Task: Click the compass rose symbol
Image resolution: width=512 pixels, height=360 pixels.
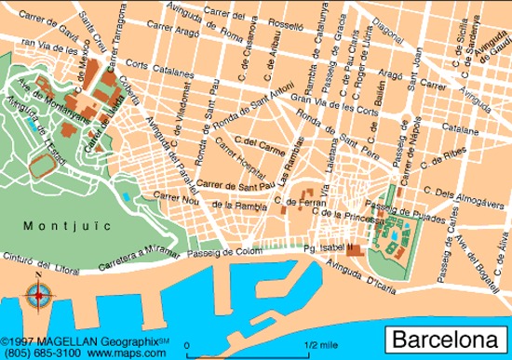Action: point(38,298)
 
